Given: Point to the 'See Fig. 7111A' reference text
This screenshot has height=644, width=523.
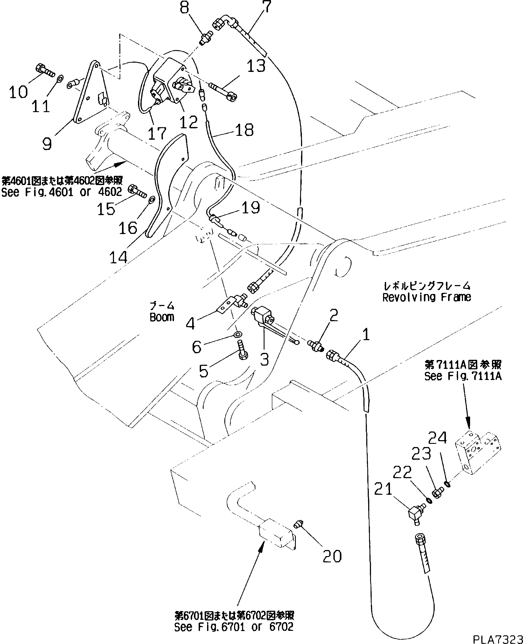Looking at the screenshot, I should pyautogui.click(x=463, y=376).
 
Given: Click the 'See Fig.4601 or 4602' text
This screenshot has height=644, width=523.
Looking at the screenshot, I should pyautogui.click(x=62, y=192).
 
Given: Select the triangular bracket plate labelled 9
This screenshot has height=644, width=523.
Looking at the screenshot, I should pyautogui.click(x=90, y=93).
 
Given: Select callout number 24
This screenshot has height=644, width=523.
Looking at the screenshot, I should pyautogui.click(x=437, y=438).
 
